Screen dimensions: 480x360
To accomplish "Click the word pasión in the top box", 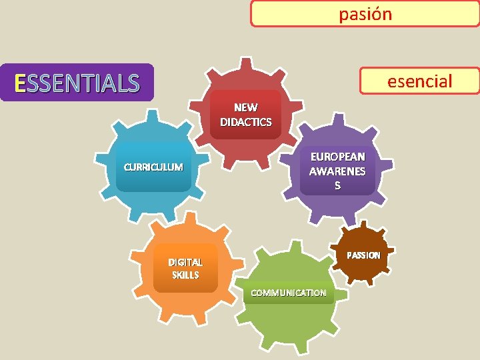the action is [x=365, y=14].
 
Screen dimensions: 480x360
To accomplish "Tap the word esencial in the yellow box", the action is [x=420, y=81].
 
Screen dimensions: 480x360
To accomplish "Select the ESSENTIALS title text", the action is [x=77, y=83].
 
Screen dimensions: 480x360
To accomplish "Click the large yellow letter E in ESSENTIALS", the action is [x=20, y=83].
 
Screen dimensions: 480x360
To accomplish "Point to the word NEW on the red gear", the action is [x=246, y=107].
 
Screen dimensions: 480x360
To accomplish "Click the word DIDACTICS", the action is [x=246, y=122].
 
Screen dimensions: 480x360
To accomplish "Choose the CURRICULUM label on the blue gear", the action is [x=153, y=167].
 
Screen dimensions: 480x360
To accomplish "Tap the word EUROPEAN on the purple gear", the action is [x=337, y=157].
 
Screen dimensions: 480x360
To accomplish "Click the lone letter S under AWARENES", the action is [x=337, y=186].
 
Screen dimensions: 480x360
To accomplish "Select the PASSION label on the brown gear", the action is [x=363, y=255].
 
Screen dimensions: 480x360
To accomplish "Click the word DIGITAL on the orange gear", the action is [x=185, y=262].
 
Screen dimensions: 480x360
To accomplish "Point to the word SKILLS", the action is [x=185, y=275].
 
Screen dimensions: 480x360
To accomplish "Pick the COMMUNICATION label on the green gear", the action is [x=288, y=293].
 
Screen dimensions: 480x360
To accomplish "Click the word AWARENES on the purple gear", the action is [x=337, y=171].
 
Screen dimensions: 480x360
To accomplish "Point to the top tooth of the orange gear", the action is [x=192, y=219].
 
